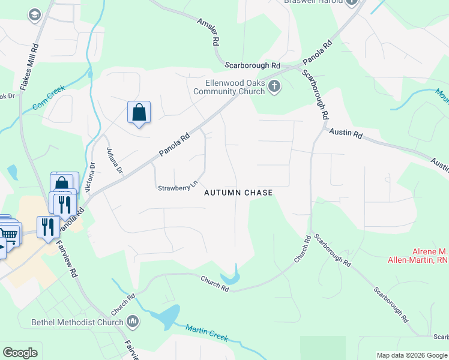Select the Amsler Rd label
tap(208, 31)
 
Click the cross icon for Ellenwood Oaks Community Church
tap(274, 86)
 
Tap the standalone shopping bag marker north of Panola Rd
tap(139, 112)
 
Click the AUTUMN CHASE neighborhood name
tap(238, 193)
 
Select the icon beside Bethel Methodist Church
tap(133, 322)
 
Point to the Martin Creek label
tap(207, 332)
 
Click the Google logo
tap(20, 353)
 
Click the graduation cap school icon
tap(35, 14)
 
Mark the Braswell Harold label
tap(312, 2)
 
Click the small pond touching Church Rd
tap(229, 278)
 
